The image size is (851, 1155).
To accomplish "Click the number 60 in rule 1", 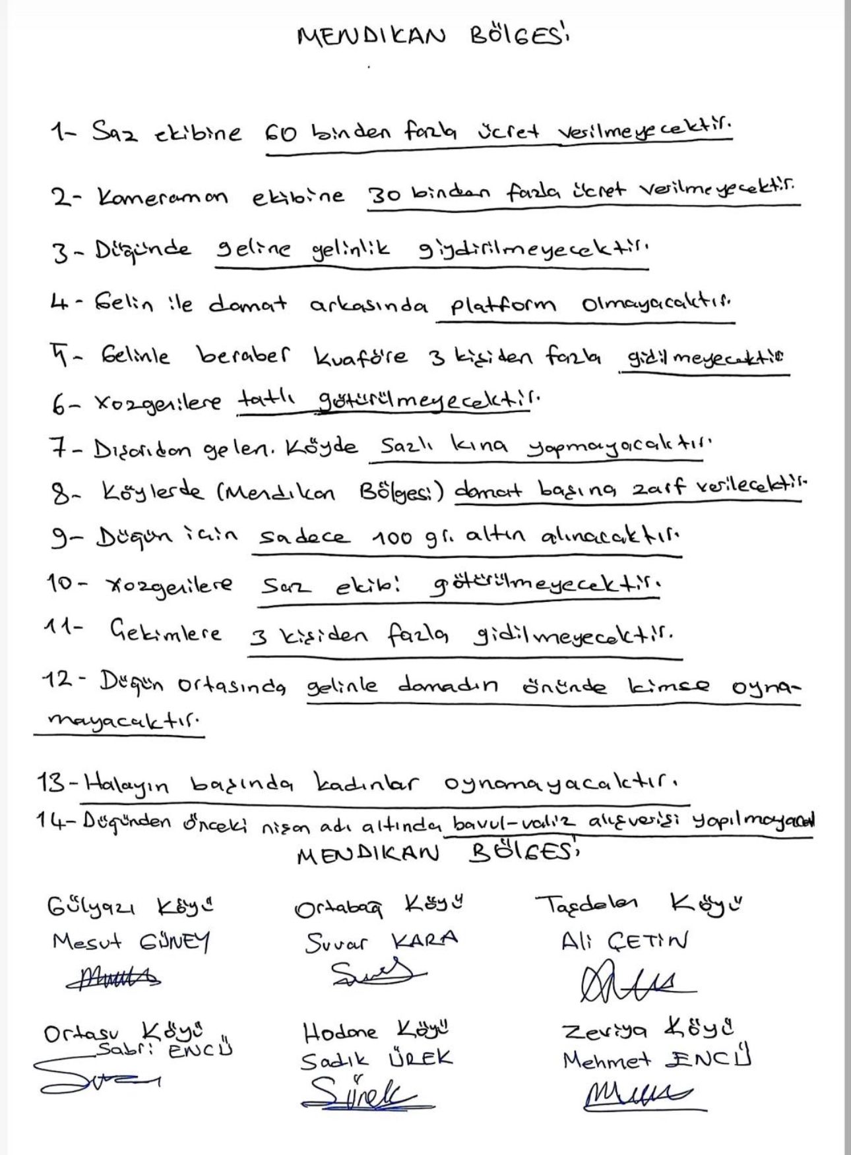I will coord(280,134).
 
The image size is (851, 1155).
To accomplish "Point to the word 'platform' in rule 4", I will coord(503,305).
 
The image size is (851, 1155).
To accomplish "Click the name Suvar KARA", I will coord(381,941).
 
